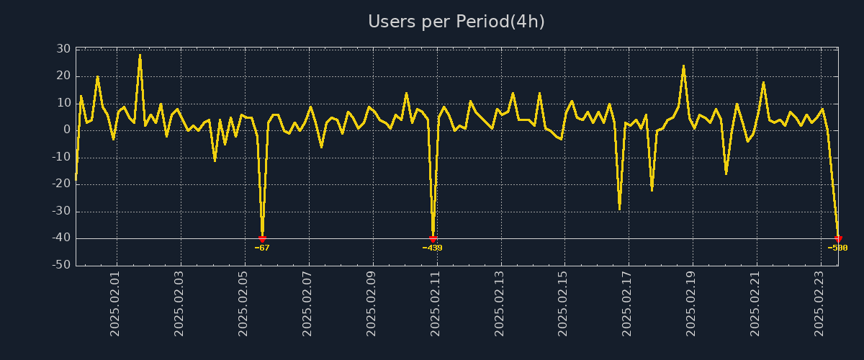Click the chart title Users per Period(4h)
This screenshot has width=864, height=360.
click(456, 22)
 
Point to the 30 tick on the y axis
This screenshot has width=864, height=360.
click(63, 49)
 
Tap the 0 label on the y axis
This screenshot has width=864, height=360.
click(66, 130)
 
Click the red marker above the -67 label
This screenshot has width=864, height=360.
click(262, 238)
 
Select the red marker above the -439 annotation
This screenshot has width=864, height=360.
click(433, 238)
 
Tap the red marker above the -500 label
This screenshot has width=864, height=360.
click(838, 238)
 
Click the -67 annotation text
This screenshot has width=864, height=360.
click(262, 248)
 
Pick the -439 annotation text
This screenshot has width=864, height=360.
click(433, 248)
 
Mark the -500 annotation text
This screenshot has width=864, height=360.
click(837, 248)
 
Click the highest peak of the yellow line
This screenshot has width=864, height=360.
click(140, 55)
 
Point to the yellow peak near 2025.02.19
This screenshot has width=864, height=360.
click(683, 66)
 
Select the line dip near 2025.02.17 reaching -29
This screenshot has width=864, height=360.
click(619, 209)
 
